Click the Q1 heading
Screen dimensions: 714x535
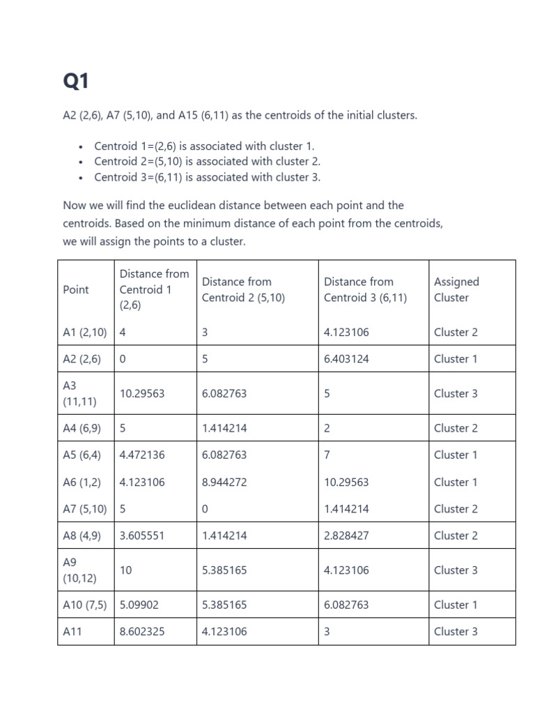tap(76, 82)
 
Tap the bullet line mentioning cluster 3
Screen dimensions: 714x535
tap(207, 177)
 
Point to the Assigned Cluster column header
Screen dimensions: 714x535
tap(456, 289)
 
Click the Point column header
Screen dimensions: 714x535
tap(76, 289)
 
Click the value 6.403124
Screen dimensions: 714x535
tap(346, 359)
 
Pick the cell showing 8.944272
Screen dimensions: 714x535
tap(224, 482)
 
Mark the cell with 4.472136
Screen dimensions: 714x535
tap(142, 455)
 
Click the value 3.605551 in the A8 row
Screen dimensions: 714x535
tap(142, 535)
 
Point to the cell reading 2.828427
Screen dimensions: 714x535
tap(346, 535)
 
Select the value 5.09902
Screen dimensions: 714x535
tap(139, 605)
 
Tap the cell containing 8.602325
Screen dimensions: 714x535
tap(142, 632)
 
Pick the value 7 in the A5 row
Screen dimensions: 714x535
tap(327, 455)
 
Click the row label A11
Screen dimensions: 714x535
tap(73, 632)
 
